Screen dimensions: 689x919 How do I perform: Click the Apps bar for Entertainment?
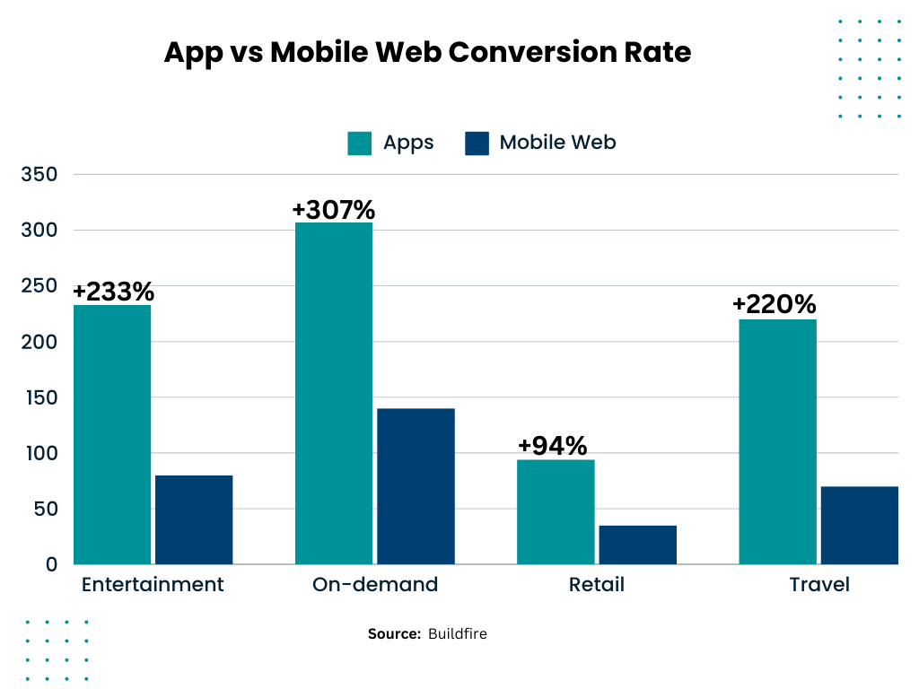click(x=112, y=434)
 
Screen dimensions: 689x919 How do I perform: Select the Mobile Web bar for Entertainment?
click(x=194, y=519)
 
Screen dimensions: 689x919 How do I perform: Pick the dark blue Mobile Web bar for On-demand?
click(x=416, y=486)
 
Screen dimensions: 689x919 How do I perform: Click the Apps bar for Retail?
click(x=556, y=511)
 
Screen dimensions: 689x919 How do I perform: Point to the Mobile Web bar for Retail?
click(x=637, y=545)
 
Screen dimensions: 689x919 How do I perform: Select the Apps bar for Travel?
click(x=777, y=441)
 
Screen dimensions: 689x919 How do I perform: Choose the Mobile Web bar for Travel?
click(x=859, y=525)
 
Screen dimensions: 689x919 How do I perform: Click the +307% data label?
click(x=333, y=209)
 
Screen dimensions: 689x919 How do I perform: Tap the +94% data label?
click(x=552, y=446)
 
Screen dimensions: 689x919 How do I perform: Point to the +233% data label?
click(x=114, y=292)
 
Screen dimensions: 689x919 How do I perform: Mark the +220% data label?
click(x=774, y=305)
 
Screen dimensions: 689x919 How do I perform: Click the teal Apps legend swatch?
click(x=359, y=144)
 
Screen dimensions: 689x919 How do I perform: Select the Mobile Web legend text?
click(x=557, y=143)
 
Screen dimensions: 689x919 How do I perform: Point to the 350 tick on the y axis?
click(x=39, y=174)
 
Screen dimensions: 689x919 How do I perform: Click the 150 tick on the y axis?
click(x=39, y=397)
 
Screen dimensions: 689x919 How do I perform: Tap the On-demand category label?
click(x=375, y=585)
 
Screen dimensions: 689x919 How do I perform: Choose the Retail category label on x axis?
click(x=596, y=585)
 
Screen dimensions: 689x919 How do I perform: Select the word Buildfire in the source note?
click(x=457, y=634)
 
